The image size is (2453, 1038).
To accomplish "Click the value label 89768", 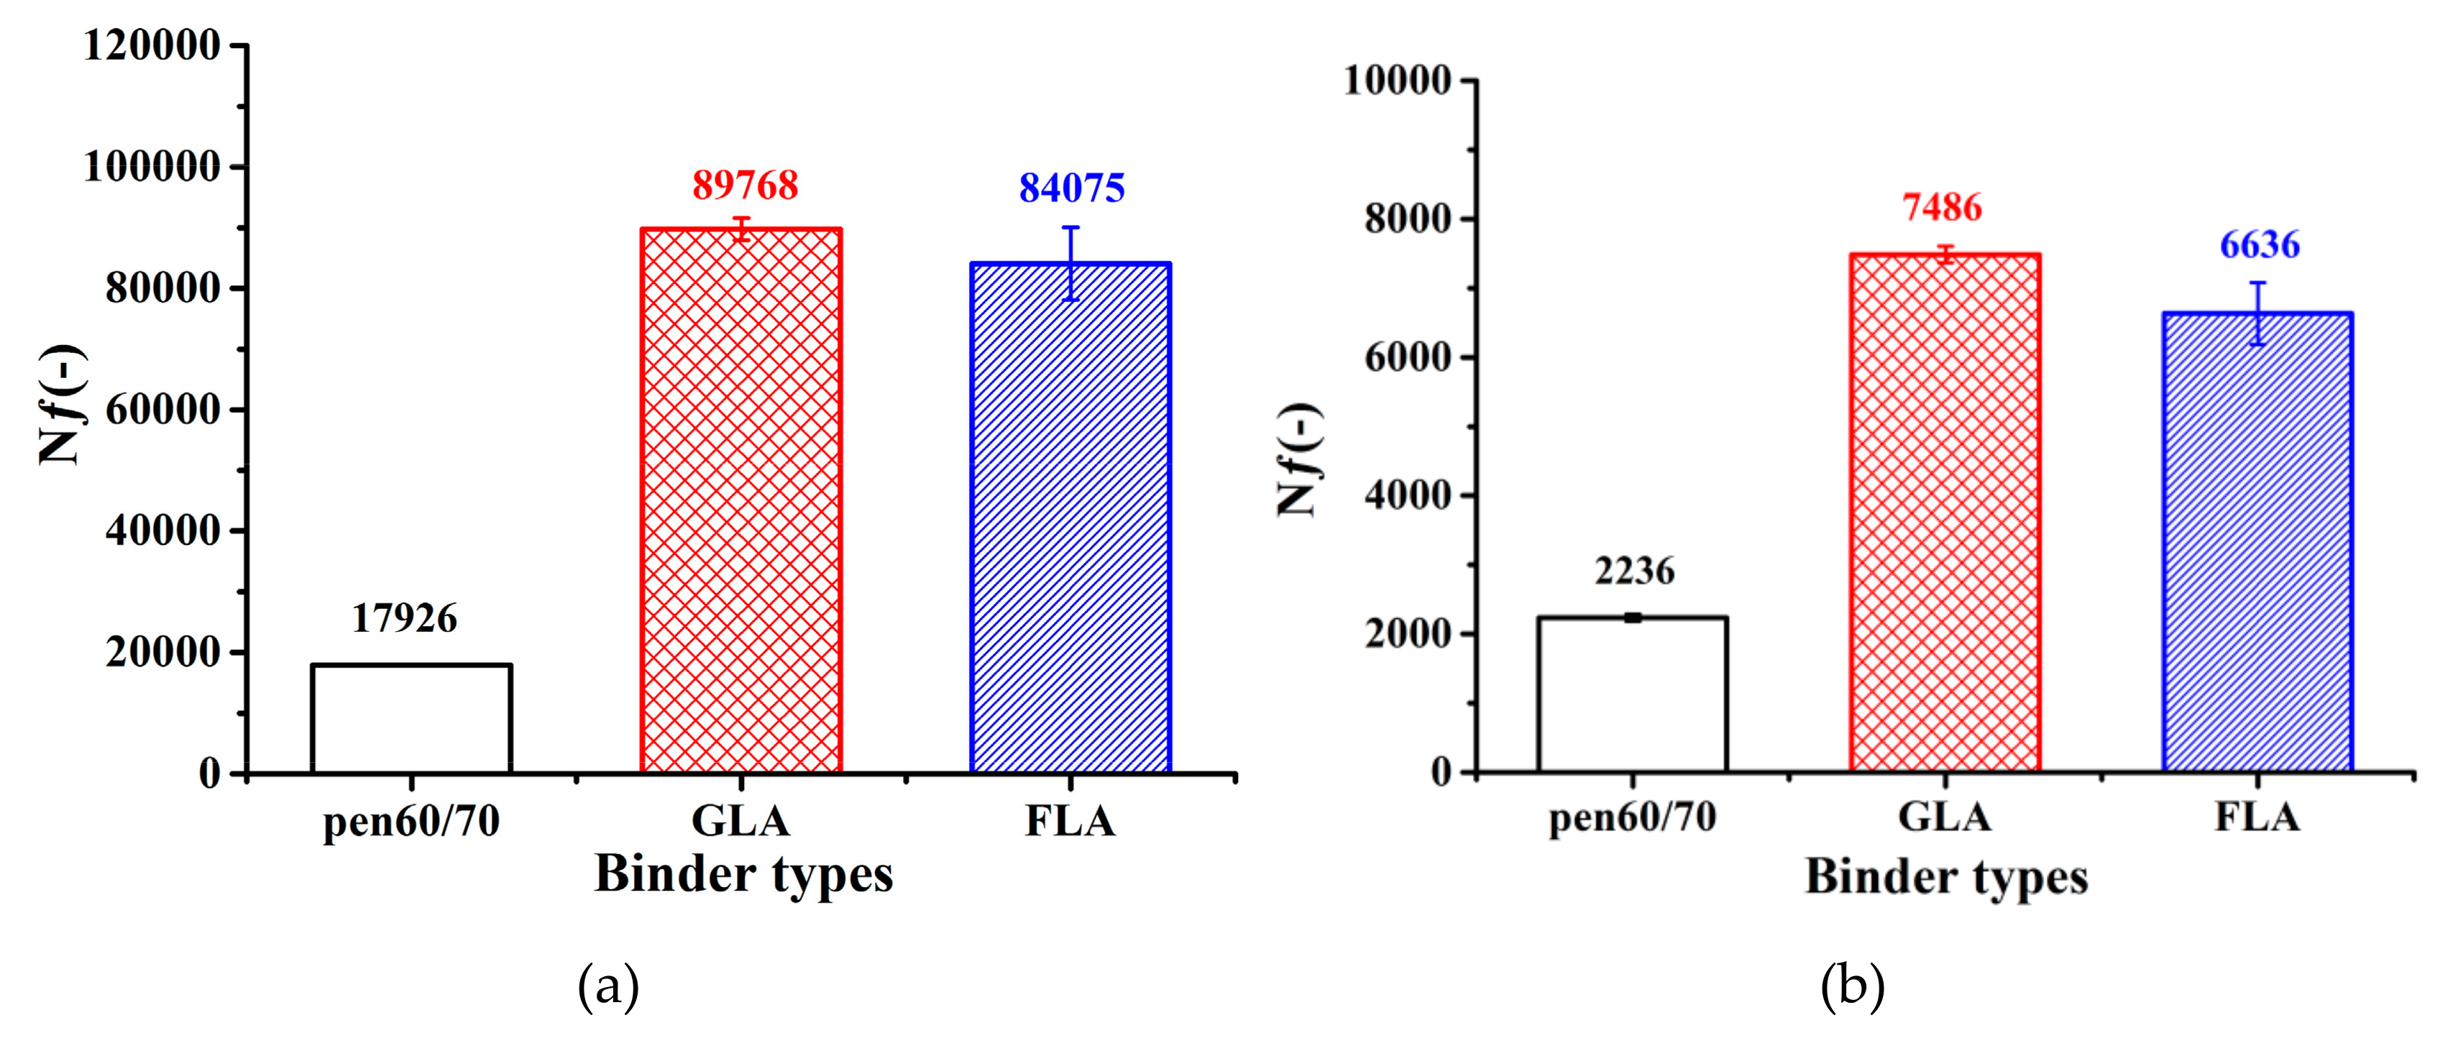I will (745, 185).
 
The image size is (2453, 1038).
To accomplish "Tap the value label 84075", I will (1071, 188).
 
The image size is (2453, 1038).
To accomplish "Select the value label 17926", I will (405, 619).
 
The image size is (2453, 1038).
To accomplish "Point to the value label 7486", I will (1943, 208).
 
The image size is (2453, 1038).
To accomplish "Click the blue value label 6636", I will (2260, 246).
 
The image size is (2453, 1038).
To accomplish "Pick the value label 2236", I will (1634, 571).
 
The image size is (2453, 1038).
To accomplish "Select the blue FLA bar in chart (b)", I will (2257, 543).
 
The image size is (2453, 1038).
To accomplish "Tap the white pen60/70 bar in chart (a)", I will (411, 719).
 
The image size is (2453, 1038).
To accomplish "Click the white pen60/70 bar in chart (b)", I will (1632, 695).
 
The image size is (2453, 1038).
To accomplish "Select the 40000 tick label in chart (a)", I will (162, 531).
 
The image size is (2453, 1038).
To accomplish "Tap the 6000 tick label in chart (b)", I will (1408, 357).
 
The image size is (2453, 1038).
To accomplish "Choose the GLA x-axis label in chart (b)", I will (1945, 817).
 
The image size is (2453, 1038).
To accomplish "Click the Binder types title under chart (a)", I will (743, 874).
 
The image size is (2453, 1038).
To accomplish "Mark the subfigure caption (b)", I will (1852, 988).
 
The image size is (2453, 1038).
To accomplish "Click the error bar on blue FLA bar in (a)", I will (1071, 263).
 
